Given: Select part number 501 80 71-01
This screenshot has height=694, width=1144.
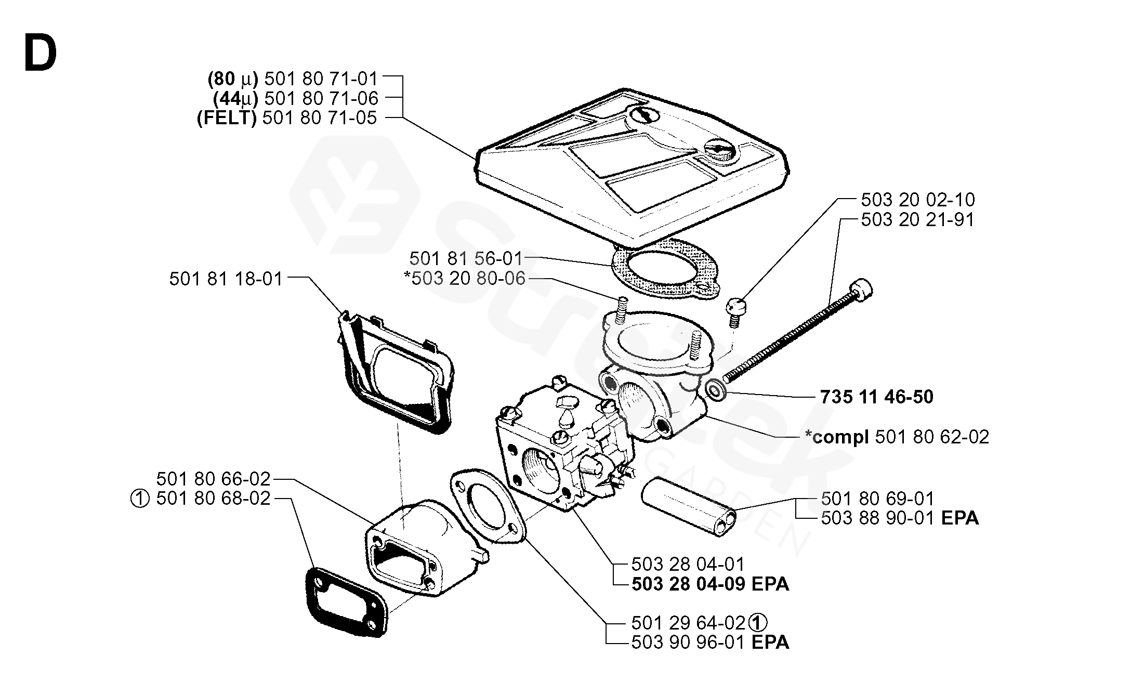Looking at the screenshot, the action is (x=321, y=78).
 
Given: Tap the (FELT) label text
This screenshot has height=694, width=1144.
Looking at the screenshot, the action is (x=227, y=118).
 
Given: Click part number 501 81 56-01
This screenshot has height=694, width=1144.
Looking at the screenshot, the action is (x=466, y=258).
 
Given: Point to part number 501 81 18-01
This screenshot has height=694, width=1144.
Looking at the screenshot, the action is (x=226, y=279).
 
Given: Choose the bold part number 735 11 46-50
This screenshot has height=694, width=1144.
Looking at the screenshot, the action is (x=877, y=397).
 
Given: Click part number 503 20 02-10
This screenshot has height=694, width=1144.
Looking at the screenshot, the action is (x=918, y=200).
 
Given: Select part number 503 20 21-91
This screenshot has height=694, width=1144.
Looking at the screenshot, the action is (x=918, y=219).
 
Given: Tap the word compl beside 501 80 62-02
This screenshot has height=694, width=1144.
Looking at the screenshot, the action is (x=841, y=437).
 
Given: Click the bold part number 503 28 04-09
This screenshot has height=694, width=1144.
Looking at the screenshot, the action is (x=689, y=584).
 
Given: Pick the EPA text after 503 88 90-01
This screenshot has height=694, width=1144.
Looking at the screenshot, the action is (x=960, y=518).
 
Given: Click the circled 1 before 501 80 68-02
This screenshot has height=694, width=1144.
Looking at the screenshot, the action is (x=140, y=500).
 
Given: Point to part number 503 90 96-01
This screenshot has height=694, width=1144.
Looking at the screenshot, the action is (x=689, y=642).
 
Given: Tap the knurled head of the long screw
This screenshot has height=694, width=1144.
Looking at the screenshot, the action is (x=861, y=290).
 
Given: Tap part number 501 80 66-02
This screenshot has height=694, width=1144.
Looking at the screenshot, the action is (x=213, y=479).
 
